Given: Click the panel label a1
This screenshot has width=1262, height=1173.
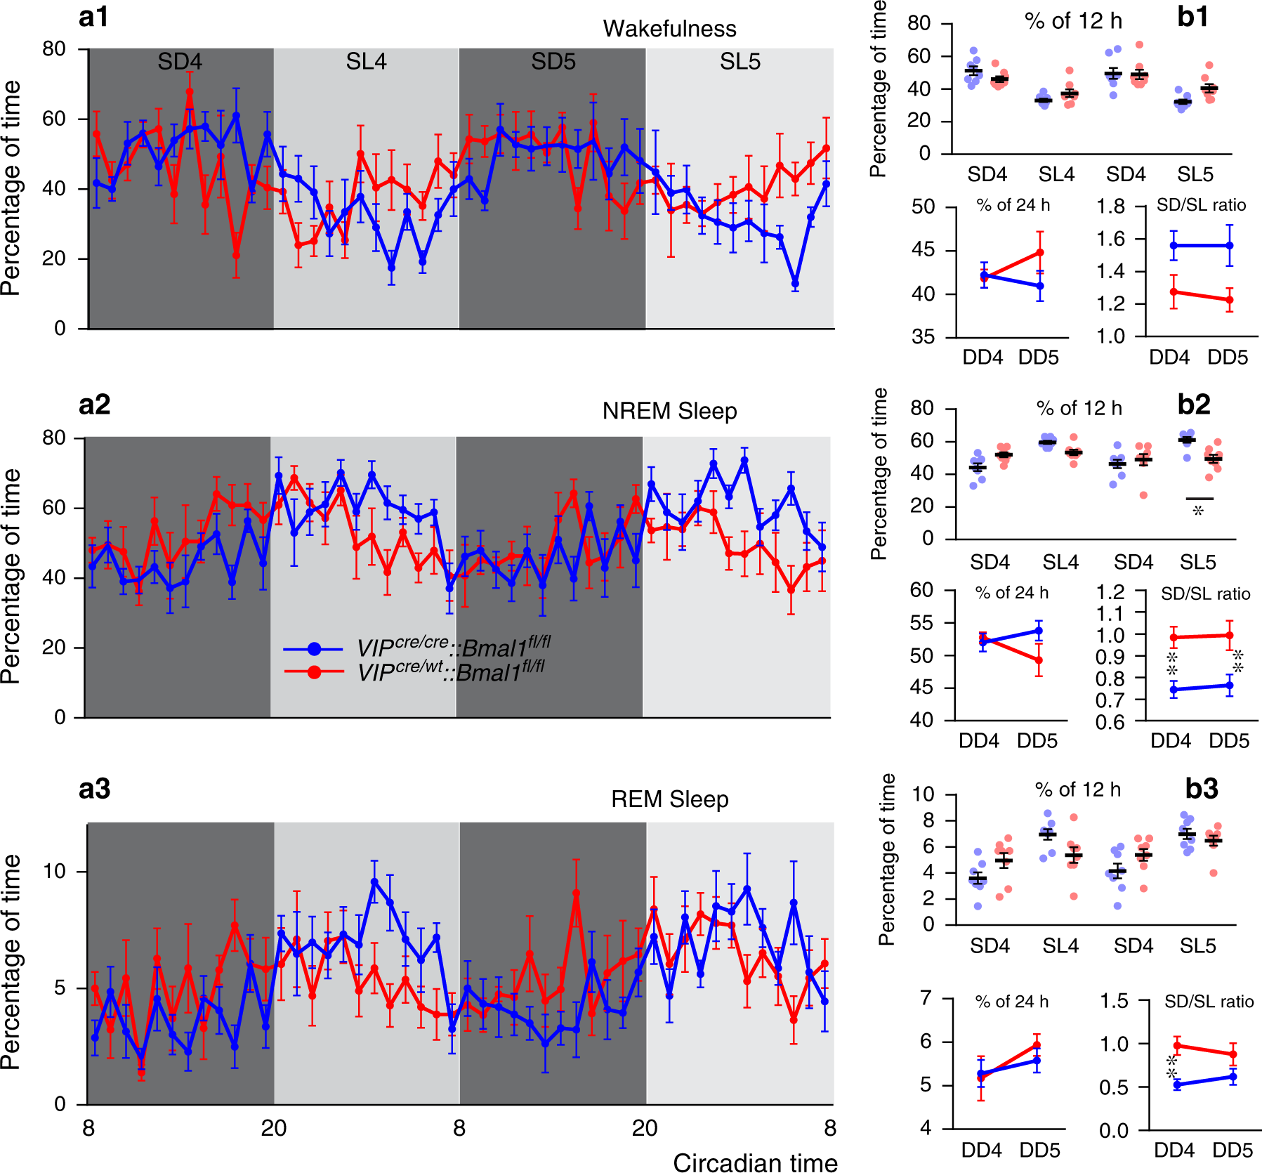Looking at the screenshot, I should [x=93, y=16].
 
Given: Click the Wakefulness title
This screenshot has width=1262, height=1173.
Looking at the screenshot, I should [x=669, y=29].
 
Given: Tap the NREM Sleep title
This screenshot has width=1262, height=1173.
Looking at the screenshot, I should [x=669, y=411].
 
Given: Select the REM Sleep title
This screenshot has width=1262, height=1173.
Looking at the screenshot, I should [x=669, y=799].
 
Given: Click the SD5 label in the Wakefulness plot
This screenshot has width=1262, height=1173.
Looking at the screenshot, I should [x=553, y=62].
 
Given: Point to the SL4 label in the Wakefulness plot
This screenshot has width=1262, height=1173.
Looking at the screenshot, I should [x=366, y=62].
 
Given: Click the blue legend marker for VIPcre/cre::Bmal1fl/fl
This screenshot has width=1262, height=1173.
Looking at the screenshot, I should [x=314, y=648].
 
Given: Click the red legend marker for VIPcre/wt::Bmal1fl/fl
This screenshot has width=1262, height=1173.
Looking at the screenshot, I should [x=314, y=672].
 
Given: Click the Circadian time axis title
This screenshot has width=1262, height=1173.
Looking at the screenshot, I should [x=755, y=1162].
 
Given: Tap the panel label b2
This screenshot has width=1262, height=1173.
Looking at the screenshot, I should [x=1193, y=405].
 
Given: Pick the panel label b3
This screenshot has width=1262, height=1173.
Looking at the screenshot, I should [x=1201, y=789].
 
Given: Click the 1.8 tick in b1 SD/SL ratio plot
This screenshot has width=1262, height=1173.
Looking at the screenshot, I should [x=1111, y=207].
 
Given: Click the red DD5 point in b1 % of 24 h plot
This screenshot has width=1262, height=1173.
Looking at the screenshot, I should [x=1040, y=252].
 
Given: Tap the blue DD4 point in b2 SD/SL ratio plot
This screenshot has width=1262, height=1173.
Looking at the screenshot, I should [x=1174, y=690].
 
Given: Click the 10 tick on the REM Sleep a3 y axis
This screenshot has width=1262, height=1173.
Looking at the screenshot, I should [x=53, y=871].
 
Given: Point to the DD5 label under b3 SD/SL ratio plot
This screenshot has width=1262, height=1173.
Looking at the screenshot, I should [x=1233, y=1151].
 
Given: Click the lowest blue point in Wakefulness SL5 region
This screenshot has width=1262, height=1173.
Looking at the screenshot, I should [x=795, y=284].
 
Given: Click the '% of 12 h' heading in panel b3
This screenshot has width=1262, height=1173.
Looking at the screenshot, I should [x=1077, y=789].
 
